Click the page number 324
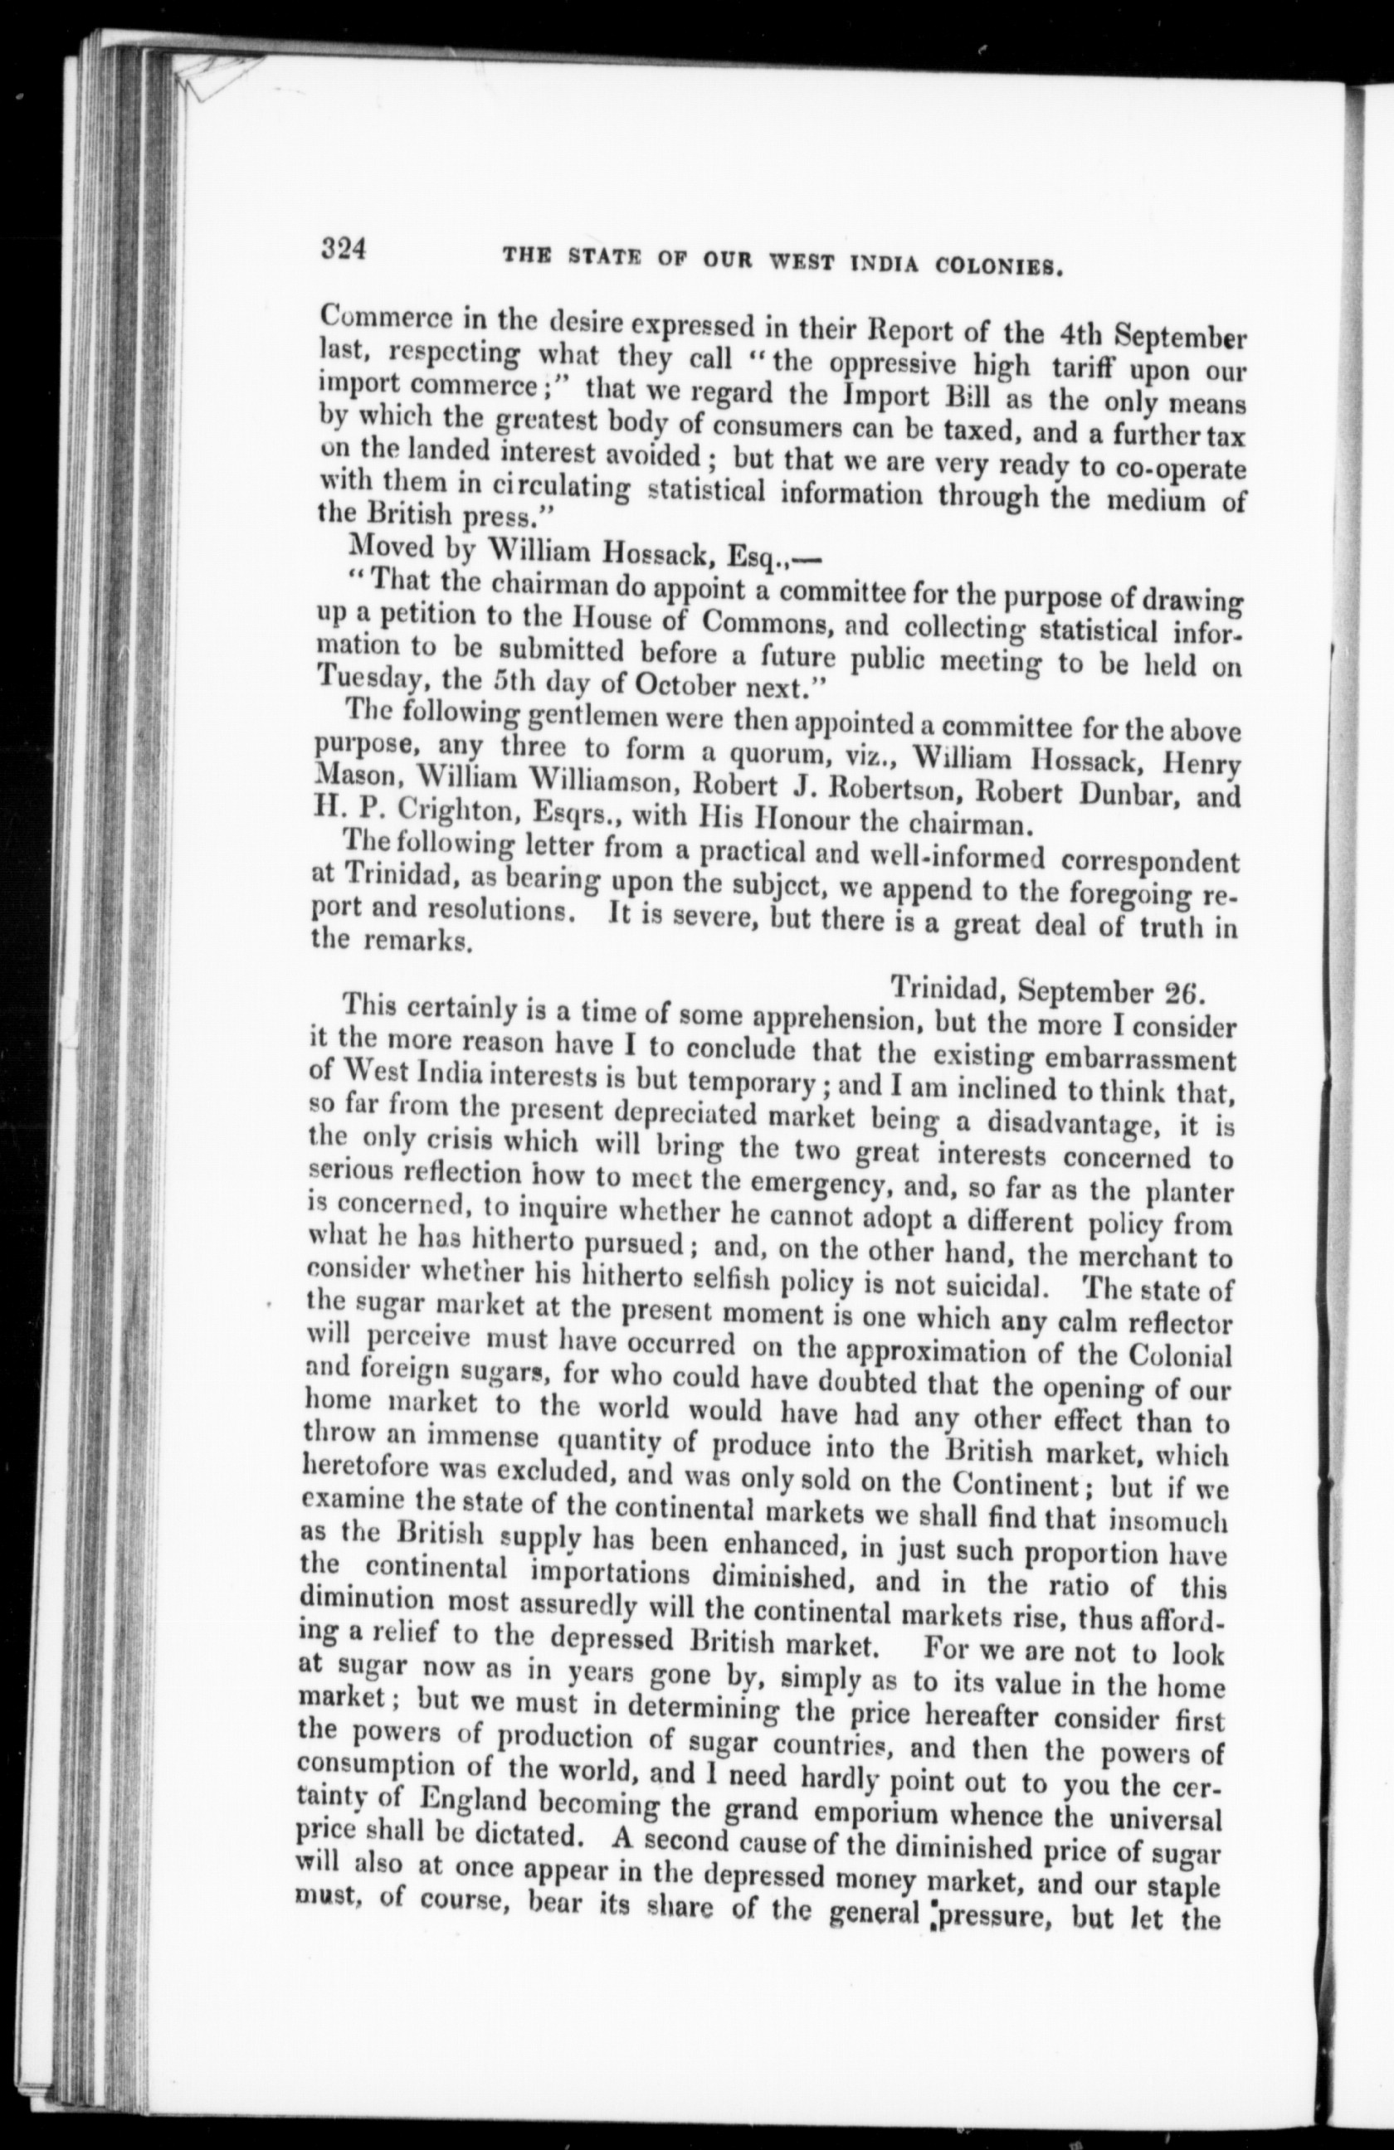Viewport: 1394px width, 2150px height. (x=343, y=248)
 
